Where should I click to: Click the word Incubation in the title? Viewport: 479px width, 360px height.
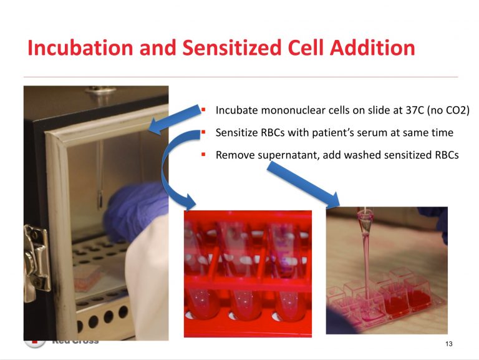pos(80,48)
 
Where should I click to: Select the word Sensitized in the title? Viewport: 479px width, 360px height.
pos(231,48)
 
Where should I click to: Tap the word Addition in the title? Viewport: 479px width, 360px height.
pos(372,48)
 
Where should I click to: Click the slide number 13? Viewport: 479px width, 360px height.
pos(449,344)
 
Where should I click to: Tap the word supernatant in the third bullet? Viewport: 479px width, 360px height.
pos(288,155)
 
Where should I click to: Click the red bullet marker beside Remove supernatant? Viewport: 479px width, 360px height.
pos(203,154)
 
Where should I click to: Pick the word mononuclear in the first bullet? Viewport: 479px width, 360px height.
pos(293,110)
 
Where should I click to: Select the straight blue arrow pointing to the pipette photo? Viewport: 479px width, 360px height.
pos(303,184)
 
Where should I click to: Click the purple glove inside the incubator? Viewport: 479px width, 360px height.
pos(135,211)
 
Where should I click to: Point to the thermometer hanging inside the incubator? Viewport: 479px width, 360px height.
pos(100,174)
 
